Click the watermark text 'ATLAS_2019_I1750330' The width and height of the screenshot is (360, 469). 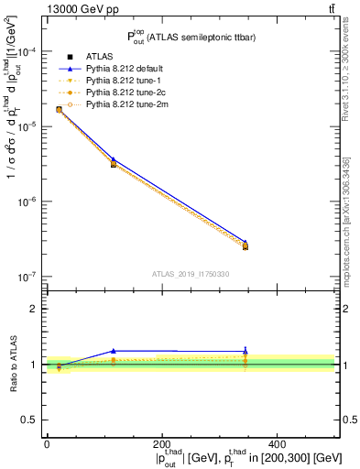191,274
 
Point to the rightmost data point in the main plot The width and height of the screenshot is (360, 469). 245,245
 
